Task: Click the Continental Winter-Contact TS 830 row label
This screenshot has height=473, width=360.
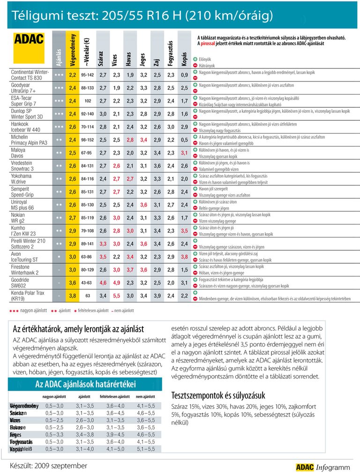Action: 30,74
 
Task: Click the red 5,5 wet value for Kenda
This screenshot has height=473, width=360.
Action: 117,296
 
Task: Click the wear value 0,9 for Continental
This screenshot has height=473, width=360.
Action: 185,74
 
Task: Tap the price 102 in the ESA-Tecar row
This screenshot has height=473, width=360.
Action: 87,101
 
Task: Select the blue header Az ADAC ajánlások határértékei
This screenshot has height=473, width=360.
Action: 85,384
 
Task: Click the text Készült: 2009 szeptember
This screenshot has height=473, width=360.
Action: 49,466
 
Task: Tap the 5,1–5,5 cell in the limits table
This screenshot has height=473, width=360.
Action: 145,449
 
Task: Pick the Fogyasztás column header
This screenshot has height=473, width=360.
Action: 171,52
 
